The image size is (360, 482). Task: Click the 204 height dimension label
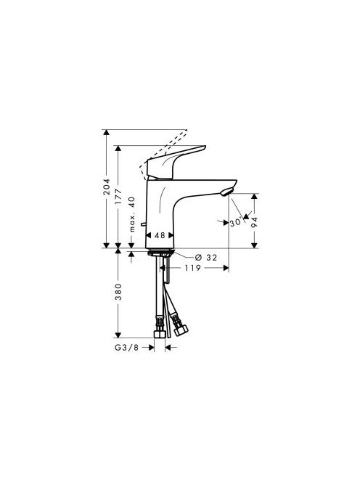point(107,187)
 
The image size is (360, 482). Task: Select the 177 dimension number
point(118,197)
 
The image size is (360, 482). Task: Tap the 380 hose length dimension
point(118,292)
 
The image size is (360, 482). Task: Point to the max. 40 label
point(131,214)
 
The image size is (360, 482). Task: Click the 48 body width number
point(160,235)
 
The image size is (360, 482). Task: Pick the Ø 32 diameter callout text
point(206,257)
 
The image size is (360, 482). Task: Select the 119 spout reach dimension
point(193,268)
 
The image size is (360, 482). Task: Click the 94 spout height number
point(254,222)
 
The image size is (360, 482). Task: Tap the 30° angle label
point(237,222)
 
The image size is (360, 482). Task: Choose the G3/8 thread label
point(127,348)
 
